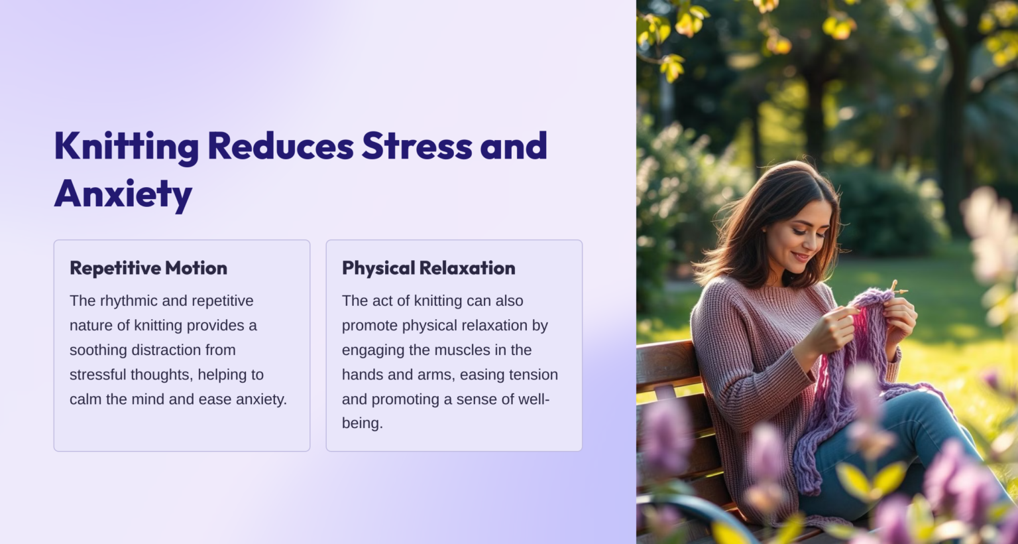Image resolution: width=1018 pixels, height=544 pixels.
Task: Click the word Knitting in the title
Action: pyautogui.click(x=126, y=147)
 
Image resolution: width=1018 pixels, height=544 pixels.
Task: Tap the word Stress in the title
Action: pyautogui.click(x=417, y=146)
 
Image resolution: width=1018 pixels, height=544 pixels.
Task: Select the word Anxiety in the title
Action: pyautogui.click(x=123, y=194)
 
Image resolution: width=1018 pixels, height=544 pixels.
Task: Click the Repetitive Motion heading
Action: pyautogui.click(x=148, y=268)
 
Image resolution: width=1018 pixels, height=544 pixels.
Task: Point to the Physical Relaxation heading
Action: pyautogui.click(x=428, y=268)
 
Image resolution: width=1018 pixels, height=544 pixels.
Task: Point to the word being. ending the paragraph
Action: pyautogui.click(x=362, y=423)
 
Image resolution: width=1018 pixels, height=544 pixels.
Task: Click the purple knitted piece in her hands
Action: pyautogui.click(x=862, y=345)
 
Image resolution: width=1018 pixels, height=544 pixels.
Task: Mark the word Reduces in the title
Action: pyautogui.click(x=280, y=146)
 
